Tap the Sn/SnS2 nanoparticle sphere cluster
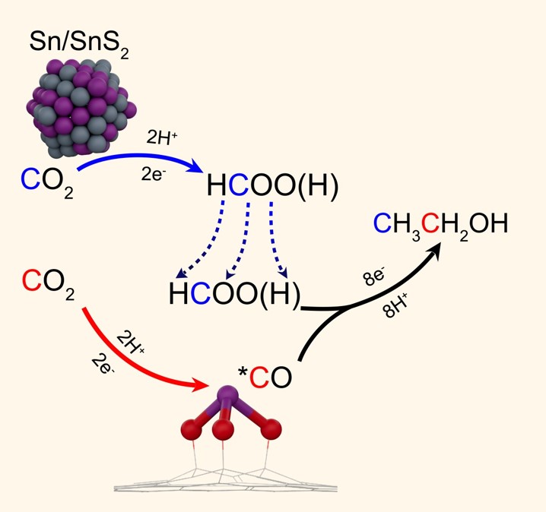(x=78, y=108)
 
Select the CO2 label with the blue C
(x=47, y=182)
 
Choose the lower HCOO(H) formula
(x=235, y=294)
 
